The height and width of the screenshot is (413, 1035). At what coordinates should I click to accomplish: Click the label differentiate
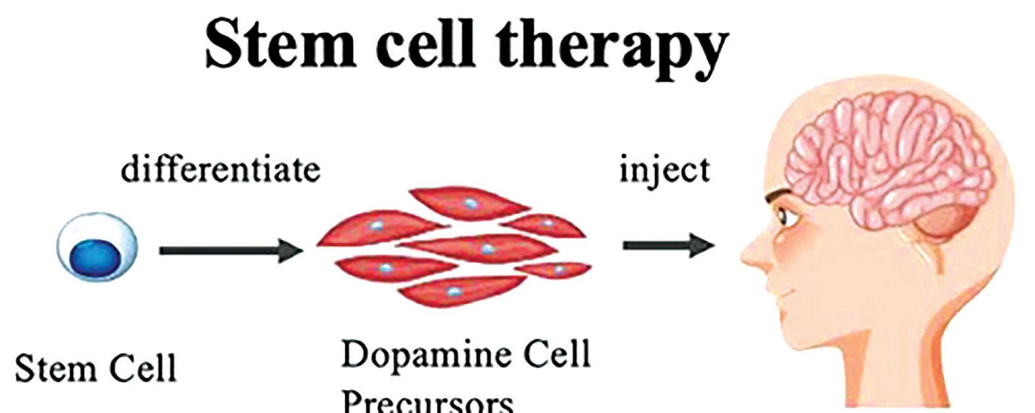pyautogui.click(x=220, y=170)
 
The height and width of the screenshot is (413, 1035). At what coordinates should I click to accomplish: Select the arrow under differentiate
pyautogui.click(x=230, y=250)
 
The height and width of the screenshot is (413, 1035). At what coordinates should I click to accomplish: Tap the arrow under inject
pyautogui.click(x=668, y=246)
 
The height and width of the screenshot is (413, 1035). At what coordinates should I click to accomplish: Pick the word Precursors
pyautogui.click(x=427, y=401)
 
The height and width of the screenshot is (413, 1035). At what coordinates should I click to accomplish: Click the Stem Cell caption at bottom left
pyautogui.click(x=95, y=368)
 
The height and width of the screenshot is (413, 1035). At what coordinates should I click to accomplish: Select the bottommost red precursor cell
pyautogui.click(x=460, y=290)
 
